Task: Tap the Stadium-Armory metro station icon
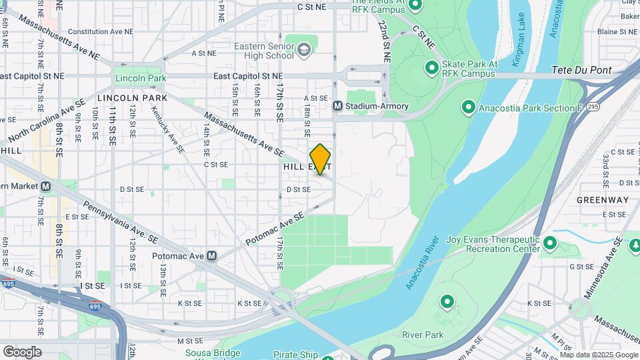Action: (338, 106)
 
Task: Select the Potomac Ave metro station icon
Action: (212, 255)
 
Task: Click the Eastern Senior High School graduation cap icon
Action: (304, 49)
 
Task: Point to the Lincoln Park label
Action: (140, 78)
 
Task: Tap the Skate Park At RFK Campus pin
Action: (432, 67)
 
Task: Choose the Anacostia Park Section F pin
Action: (468, 107)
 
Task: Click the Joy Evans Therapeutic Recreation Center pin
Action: (550, 243)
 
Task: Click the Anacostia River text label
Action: (422, 262)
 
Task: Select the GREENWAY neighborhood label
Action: (603, 199)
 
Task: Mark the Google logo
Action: (22, 351)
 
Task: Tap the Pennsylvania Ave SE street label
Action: (121, 220)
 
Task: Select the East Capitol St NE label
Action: (248, 77)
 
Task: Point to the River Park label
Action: (423, 335)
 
